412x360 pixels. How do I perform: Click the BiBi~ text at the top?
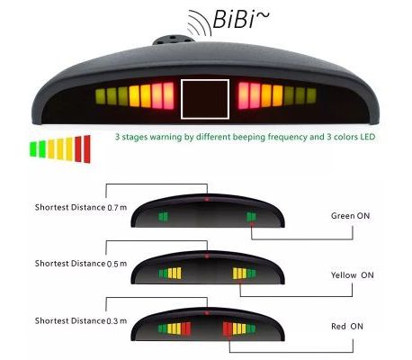point(241,19)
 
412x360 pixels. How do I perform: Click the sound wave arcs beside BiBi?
point(199,22)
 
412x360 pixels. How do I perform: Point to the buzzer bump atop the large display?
point(172,40)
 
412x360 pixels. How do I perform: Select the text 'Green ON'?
point(350,216)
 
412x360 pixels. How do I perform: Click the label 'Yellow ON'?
point(353,275)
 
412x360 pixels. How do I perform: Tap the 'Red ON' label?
point(347,326)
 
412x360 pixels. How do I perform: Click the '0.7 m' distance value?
point(117,207)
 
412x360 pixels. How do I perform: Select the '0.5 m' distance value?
point(117,264)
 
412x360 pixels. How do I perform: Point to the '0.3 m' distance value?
point(117,321)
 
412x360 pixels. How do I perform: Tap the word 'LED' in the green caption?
point(368,137)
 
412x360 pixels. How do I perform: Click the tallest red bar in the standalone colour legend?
point(87,149)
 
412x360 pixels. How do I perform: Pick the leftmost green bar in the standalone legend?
point(33,149)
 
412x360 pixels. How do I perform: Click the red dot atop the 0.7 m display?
point(207,199)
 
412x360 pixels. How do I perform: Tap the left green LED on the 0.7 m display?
point(164,216)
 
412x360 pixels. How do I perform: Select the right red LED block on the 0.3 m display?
point(228,328)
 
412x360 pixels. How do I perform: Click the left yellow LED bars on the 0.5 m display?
point(175,273)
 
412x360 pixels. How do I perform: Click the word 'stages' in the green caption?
point(135,138)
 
